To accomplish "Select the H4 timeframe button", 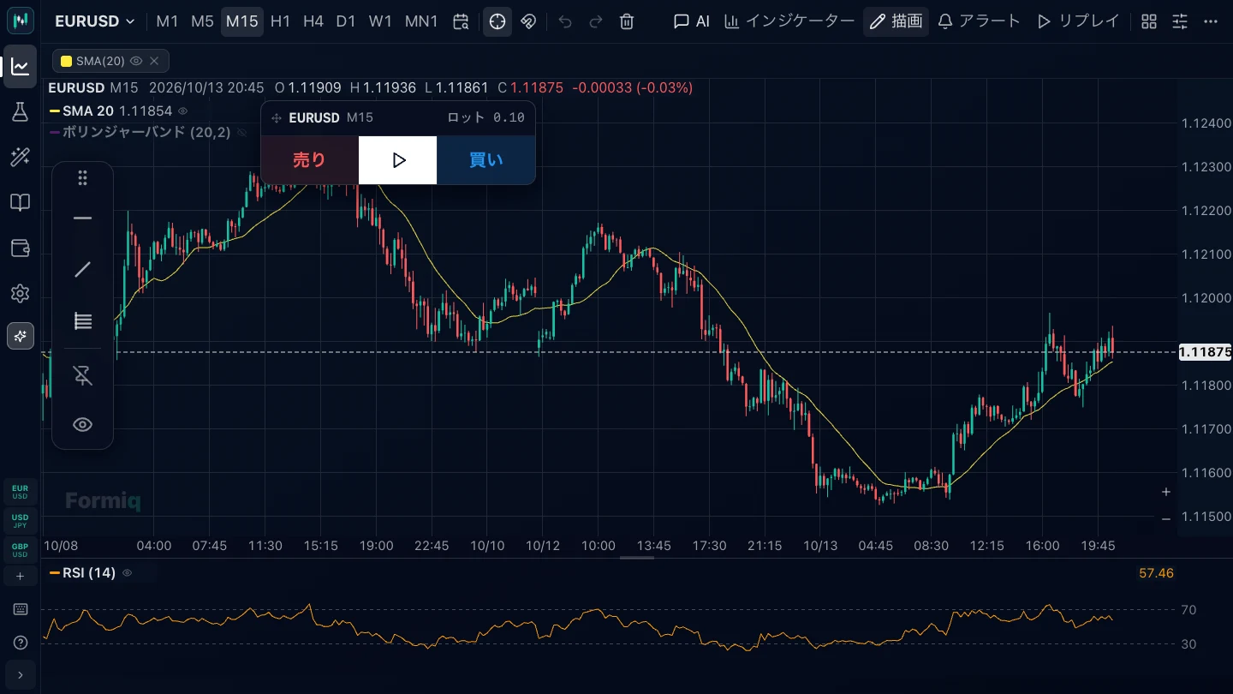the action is [313, 21].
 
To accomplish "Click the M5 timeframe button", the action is [202, 21].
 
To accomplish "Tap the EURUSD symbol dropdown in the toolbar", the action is [95, 21].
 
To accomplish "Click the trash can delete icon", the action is [627, 21].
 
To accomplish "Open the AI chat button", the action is [691, 21].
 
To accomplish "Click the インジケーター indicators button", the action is [789, 21].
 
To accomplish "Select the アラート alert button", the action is [980, 21].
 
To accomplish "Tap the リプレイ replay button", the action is [1078, 21].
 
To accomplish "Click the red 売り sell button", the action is [309, 160].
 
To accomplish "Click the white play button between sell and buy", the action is [397, 160].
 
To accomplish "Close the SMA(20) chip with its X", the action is [154, 61].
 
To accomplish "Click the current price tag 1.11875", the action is [1205, 352].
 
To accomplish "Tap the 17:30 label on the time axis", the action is [709, 546].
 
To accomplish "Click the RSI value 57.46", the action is [1156, 573].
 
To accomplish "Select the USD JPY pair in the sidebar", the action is [20, 521].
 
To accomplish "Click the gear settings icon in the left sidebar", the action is [20, 294].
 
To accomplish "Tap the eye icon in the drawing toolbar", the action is [82, 425].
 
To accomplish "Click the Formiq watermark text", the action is [103, 500].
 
